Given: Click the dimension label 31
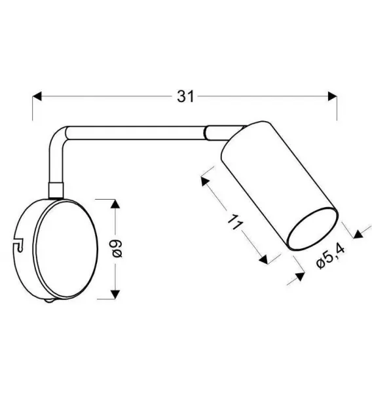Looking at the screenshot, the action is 185,96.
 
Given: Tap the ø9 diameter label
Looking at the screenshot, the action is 117,249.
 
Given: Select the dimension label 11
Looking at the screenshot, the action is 235,222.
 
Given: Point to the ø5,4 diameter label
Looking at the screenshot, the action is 331,256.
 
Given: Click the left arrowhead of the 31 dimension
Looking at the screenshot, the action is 37,96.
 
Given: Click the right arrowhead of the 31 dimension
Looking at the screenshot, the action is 333,96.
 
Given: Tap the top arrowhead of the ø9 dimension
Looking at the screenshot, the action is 115,204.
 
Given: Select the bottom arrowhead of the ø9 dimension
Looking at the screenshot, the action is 115,294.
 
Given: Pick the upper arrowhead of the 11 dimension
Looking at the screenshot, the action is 205,181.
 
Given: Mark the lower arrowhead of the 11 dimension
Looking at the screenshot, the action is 264,259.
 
